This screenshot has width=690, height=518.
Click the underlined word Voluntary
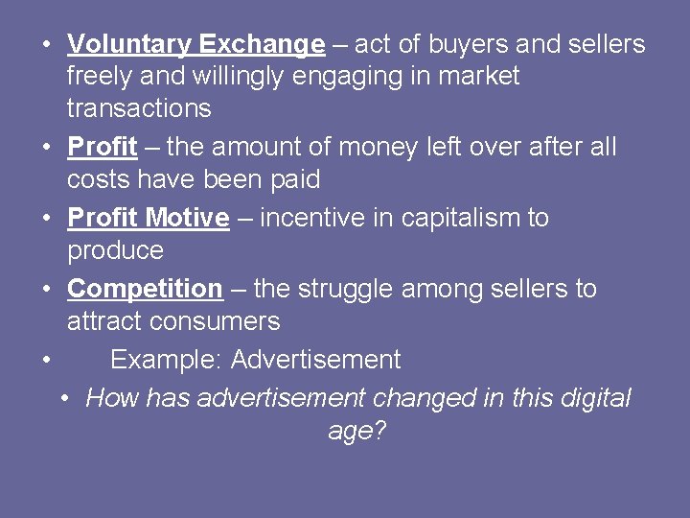[129, 44]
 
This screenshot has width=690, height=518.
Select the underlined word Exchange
[262, 44]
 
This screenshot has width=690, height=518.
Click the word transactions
[139, 107]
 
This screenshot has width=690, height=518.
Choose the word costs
[100, 179]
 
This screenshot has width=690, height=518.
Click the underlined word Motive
[188, 218]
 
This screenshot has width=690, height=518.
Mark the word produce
[115, 250]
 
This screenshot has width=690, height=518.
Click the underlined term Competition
[145, 289]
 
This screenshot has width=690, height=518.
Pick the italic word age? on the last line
[356, 431]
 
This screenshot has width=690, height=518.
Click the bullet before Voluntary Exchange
[46, 44]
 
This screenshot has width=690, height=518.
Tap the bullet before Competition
[46, 289]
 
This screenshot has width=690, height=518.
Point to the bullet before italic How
[63, 398]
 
